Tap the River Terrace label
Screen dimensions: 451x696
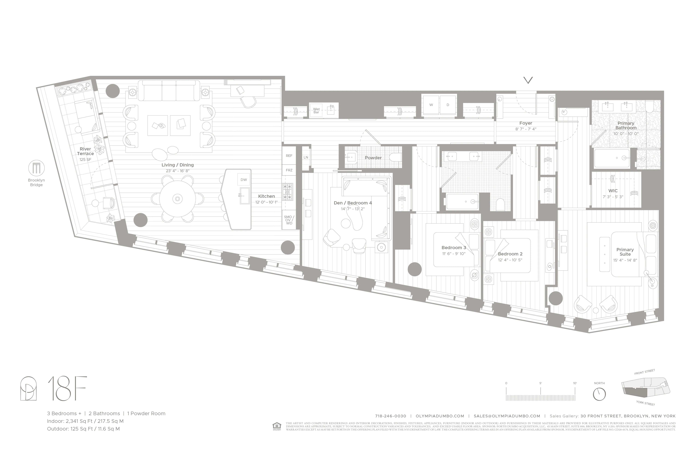[x=85, y=151]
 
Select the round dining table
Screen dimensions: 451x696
[x=178, y=199]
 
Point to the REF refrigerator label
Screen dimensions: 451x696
[x=289, y=156]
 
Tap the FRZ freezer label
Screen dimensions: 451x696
[x=289, y=170]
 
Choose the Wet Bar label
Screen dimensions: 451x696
[x=316, y=110]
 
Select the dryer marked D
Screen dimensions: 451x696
[x=448, y=105]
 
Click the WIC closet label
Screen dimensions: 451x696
[x=613, y=191]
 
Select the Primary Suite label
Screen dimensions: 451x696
[x=625, y=252]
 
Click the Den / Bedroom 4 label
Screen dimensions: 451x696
[x=353, y=203]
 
